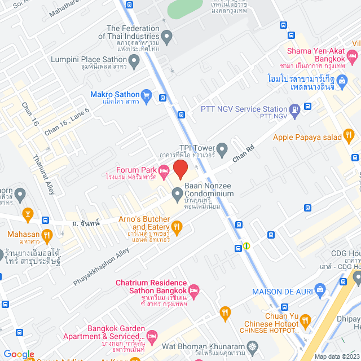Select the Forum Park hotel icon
(x=164, y=170)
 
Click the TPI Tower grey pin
(x=222, y=150)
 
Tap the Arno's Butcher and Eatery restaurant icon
(x=177, y=227)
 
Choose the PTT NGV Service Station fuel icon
(x=294, y=109)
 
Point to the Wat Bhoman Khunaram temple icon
(x=252, y=346)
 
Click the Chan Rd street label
(x=244, y=153)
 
